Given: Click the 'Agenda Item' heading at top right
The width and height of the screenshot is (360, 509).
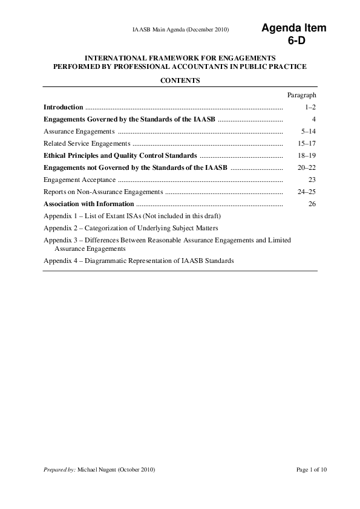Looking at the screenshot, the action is tap(293, 28).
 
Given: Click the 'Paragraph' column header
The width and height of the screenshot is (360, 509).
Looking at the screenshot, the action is tap(301, 95).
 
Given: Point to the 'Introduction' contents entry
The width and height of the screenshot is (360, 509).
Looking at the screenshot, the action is tap(64, 107).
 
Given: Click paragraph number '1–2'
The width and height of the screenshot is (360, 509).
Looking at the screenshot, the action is tap(310, 107).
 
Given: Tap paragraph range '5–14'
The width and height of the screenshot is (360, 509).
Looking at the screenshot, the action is tap(309, 131).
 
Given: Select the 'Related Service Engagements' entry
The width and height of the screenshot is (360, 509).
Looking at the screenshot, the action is tap(87, 143).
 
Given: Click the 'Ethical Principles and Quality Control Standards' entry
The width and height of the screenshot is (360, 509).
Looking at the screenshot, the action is tap(120, 155).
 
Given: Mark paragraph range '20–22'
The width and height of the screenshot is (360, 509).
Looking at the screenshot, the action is tap(307, 167).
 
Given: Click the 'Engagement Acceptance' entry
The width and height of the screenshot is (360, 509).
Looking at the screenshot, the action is tap(79, 180).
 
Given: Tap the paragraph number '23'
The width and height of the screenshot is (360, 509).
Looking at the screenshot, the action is tap(312, 180).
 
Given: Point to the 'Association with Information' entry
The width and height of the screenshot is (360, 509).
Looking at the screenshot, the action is tap(89, 204).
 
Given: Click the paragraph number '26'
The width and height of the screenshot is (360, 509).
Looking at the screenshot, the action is tap(312, 204).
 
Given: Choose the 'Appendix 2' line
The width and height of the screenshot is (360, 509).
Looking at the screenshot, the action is tap(131, 228).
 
